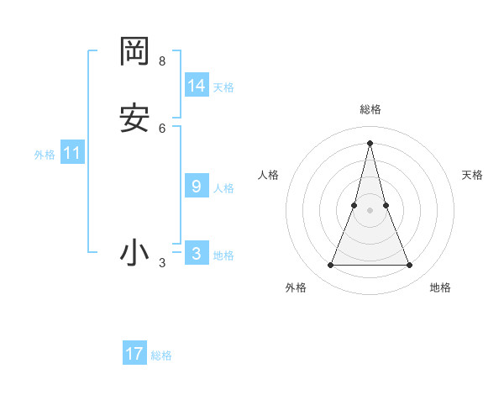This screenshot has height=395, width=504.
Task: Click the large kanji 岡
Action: coord(134,51)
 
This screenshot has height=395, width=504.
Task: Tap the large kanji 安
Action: coord(134,118)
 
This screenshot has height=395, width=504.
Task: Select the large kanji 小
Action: coord(134,253)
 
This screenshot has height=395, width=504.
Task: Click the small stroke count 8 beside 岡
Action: coord(162,61)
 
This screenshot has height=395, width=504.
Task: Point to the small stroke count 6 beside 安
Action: coord(162,129)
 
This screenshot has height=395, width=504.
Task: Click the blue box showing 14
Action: coord(197,86)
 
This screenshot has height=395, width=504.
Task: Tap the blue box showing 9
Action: coord(197,187)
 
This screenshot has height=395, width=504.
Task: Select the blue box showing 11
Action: coord(72,153)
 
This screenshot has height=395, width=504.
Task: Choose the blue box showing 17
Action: coord(134,354)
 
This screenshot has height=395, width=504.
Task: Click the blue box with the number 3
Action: coord(197,254)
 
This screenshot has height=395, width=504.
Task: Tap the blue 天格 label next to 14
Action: coord(223,87)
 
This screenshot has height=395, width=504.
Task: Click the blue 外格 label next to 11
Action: coord(45,155)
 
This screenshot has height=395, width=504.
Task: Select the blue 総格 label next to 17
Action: coord(161,355)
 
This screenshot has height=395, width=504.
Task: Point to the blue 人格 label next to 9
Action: coord(223,188)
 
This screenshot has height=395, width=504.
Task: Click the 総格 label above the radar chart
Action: coord(370,109)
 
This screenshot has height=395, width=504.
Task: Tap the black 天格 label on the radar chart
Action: coord(472,175)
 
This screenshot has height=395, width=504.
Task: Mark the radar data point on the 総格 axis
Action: coord(370,142)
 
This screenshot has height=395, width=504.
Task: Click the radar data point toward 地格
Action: coord(410,266)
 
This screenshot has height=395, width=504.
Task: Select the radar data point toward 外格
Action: coord(330,266)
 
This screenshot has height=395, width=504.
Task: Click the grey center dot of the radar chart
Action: coord(370,210)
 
